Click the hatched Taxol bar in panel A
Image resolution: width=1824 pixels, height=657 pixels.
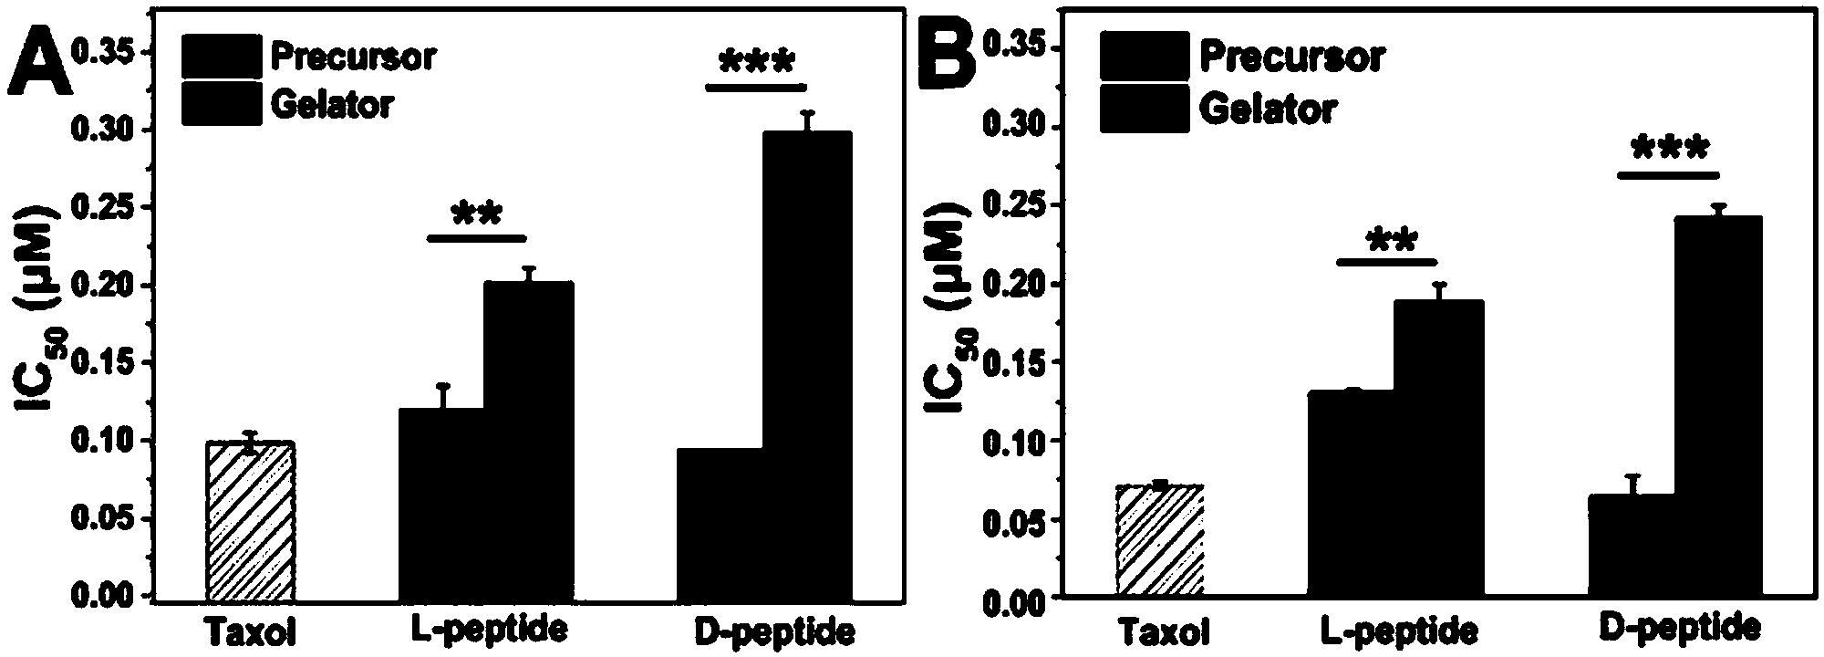tap(250, 520)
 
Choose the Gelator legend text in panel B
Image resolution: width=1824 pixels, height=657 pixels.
tap(1268, 109)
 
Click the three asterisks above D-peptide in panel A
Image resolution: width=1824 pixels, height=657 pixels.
tap(757, 64)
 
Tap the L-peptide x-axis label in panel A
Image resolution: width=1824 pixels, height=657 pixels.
tap(485, 629)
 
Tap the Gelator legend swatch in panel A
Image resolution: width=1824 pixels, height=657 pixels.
tap(220, 103)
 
